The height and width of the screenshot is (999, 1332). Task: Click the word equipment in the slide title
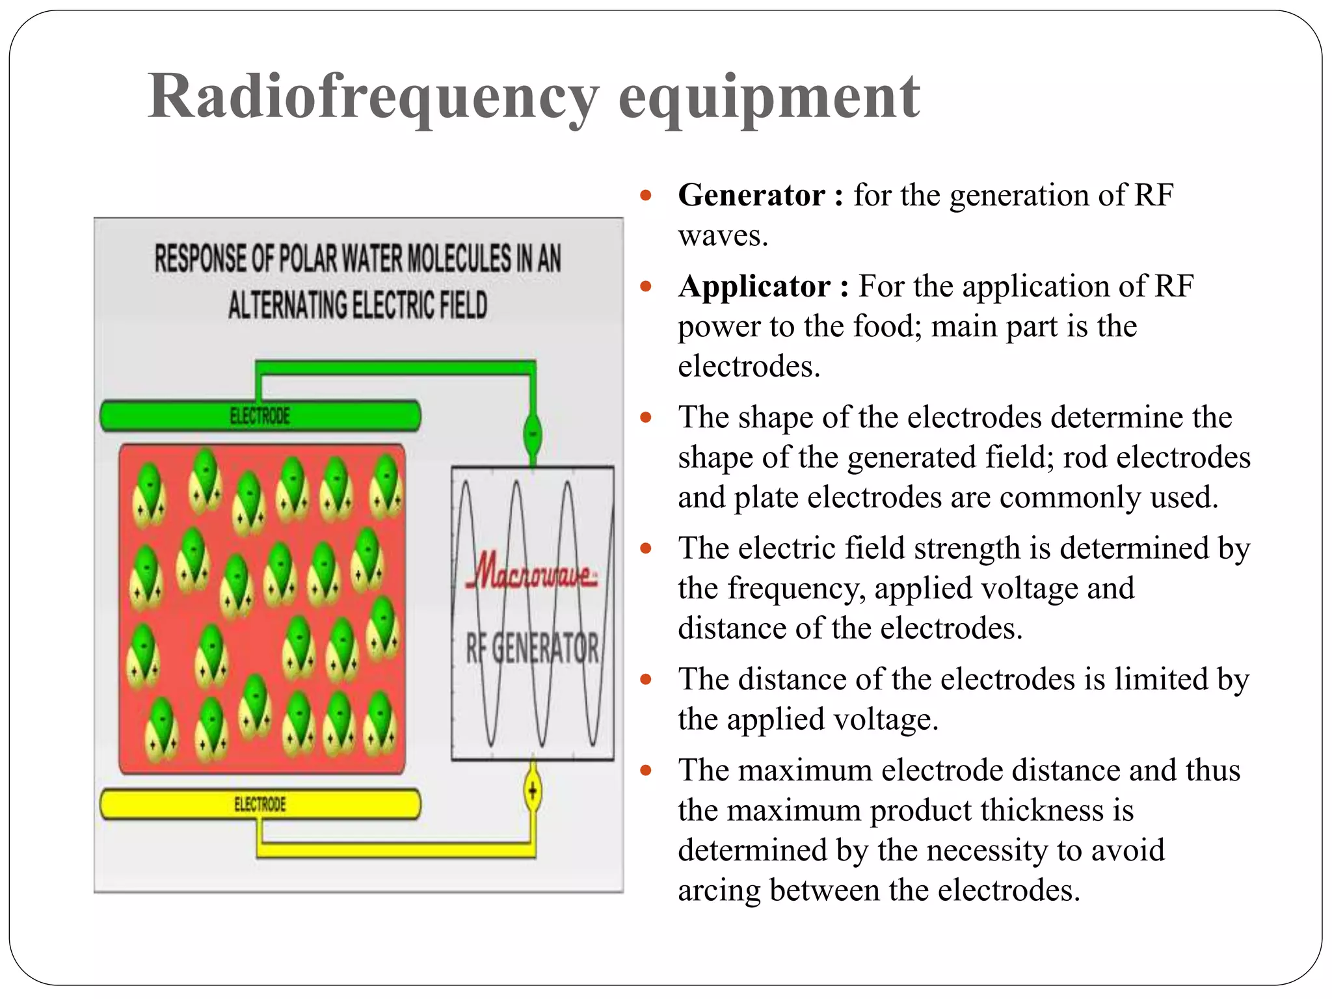pos(769,98)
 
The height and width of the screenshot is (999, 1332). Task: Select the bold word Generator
pos(751,195)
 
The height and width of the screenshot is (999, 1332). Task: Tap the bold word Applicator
pos(754,286)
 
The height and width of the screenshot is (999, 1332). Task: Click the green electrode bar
pos(260,416)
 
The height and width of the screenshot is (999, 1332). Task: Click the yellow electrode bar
pos(260,805)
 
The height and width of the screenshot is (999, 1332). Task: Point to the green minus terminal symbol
pos(533,434)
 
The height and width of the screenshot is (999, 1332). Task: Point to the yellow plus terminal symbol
pos(533,792)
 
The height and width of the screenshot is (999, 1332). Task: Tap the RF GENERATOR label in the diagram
pos(532,648)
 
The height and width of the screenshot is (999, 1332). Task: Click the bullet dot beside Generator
pos(645,195)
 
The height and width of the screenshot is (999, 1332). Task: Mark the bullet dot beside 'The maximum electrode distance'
pos(645,771)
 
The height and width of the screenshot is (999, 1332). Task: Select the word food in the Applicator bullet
pos(886,326)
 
